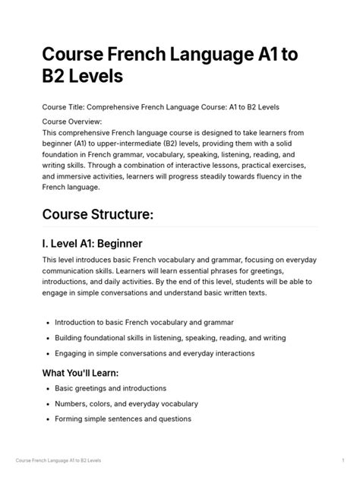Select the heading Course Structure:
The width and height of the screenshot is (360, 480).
coord(98,216)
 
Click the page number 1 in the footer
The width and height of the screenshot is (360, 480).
coord(344,461)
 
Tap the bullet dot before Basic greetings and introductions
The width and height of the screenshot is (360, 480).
coord(47,388)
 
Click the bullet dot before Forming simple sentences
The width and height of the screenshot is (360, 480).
coord(47,419)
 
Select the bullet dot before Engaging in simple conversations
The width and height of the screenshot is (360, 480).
coord(47,354)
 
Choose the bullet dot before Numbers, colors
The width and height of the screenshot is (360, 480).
coord(47,403)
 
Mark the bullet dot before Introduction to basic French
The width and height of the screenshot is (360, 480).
coord(47,323)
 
